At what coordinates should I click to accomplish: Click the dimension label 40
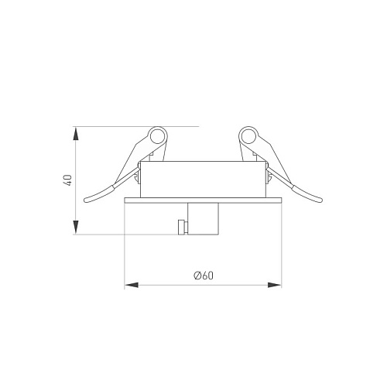coord(68,180)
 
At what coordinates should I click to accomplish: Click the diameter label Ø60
coord(204,276)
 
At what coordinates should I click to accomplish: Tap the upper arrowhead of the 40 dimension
coord(76,134)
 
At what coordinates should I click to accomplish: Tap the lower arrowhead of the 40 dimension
coord(76,227)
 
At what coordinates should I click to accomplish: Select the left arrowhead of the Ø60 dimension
coord(132,285)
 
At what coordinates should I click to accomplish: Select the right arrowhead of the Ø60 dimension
coord(275,285)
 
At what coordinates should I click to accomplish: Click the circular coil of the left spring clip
coord(157,136)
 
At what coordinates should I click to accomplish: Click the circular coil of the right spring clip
coord(248,136)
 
